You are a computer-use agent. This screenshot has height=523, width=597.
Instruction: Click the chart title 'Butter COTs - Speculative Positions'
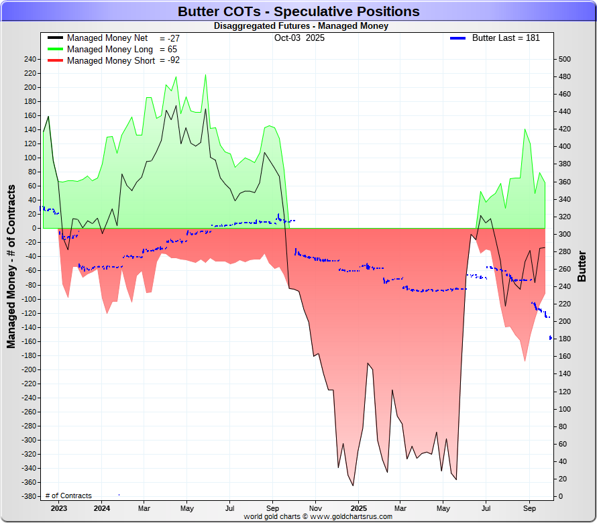click(x=298, y=11)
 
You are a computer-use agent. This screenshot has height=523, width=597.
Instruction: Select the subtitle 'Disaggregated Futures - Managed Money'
click(x=301, y=26)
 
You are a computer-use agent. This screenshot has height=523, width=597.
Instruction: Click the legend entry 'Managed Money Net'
click(x=107, y=38)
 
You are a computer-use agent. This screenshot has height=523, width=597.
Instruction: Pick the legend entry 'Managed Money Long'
click(x=110, y=50)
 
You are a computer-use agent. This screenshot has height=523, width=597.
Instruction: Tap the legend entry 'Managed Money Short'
click(x=111, y=60)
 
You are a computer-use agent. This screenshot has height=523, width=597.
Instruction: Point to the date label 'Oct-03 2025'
click(x=299, y=38)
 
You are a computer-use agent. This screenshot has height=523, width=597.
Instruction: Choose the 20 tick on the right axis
click(x=562, y=479)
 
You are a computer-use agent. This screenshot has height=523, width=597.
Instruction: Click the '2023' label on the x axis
click(x=58, y=508)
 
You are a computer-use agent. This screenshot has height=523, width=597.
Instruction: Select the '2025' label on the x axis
click(x=358, y=508)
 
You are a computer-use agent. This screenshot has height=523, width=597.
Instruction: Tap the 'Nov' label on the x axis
click(x=315, y=508)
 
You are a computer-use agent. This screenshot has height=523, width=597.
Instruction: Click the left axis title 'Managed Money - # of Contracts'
click(x=11, y=266)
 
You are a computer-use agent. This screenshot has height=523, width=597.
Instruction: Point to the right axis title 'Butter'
click(x=582, y=266)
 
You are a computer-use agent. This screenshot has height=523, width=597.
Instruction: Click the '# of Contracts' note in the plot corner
click(x=68, y=496)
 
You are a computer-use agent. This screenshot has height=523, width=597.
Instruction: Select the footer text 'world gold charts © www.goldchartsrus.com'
click(x=318, y=517)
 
